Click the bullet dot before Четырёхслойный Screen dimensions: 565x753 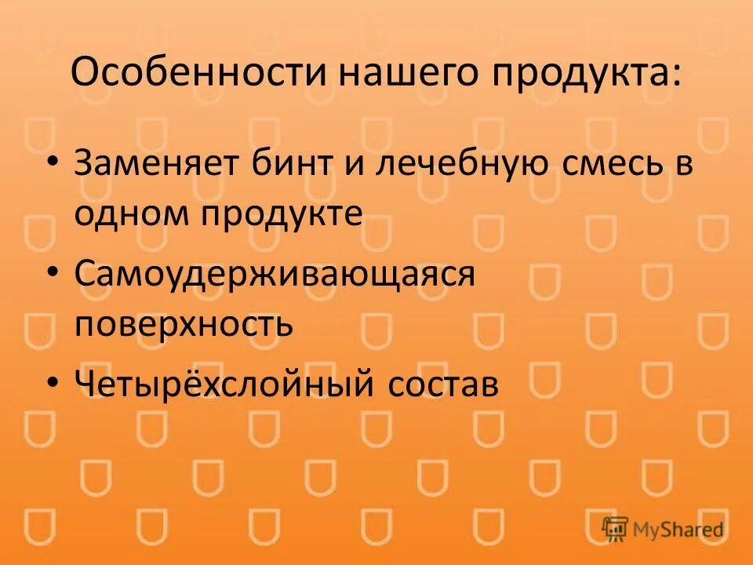(x=52, y=380)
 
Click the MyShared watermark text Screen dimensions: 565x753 (x=680, y=530)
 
